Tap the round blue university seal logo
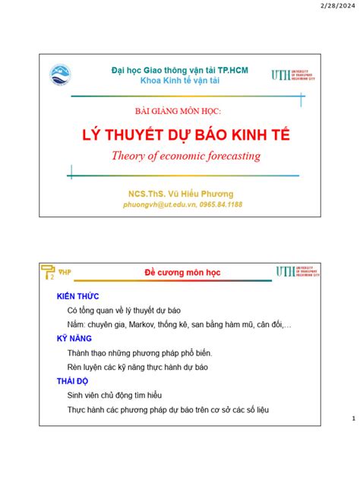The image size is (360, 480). coord(60,75)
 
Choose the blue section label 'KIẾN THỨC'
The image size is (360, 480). coord(78,295)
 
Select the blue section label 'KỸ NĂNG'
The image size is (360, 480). coord(74,339)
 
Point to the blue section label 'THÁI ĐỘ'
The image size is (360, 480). coord(74,381)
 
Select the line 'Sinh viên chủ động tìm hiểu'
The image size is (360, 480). coord(114,396)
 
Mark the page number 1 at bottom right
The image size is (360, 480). coord(353,418)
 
